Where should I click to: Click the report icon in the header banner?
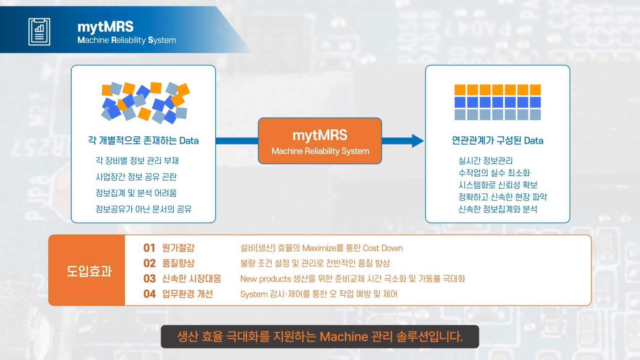39,32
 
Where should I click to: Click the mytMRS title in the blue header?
105,27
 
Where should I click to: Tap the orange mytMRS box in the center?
320,141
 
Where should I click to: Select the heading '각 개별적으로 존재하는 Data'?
143,141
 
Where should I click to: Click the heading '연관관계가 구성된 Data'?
498,141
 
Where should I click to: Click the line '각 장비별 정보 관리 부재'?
137,160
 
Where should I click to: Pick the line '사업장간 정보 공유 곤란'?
136,177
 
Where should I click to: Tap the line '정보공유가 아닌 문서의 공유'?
143,209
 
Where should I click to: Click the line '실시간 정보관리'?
485,160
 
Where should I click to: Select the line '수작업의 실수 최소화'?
494,173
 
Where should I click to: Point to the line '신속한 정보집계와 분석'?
498,209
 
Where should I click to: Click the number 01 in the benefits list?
149,248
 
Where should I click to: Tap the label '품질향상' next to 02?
178,263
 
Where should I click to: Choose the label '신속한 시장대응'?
191,279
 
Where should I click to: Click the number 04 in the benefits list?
149,294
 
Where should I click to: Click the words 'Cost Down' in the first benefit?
383,248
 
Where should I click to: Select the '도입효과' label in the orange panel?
89,271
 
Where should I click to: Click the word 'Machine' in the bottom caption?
344,337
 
